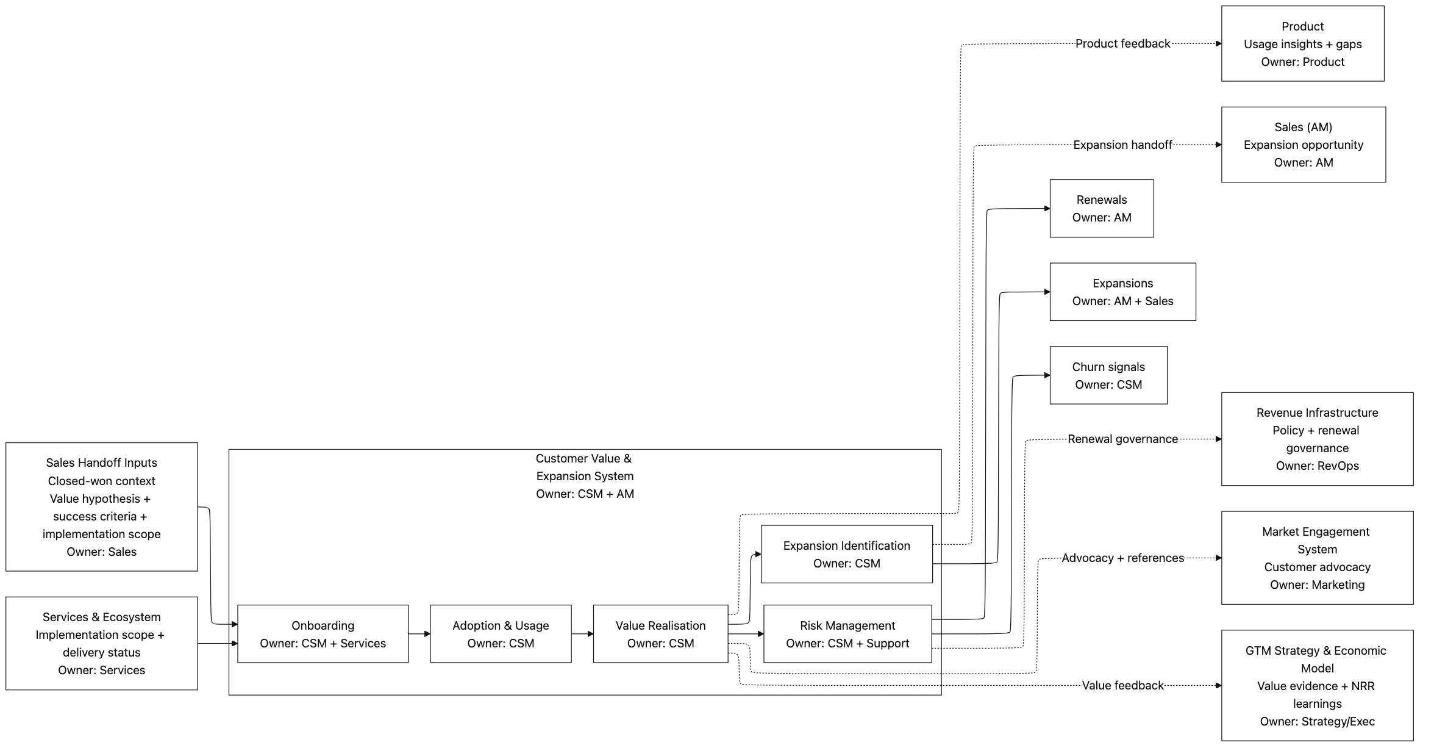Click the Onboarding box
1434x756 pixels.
(323, 633)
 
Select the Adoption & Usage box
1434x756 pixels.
(501, 633)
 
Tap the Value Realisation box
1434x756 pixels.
(660, 633)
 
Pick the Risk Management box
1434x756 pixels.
(847, 633)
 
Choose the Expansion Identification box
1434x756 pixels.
(846, 554)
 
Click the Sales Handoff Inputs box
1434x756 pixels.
(101, 506)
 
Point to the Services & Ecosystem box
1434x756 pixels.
(101, 643)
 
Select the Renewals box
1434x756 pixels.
(1101, 208)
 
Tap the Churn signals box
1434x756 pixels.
(1108, 375)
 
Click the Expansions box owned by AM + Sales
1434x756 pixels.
(1122, 292)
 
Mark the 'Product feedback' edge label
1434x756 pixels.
(1122, 43)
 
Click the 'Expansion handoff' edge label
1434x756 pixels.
(1122, 145)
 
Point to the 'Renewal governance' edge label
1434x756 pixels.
(1122, 439)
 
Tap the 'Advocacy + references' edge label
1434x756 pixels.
(1122, 558)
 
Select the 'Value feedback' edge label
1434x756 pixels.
(1122, 685)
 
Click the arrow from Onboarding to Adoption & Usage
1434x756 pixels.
(419, 634)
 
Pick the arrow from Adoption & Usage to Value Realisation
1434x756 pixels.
(582, 634)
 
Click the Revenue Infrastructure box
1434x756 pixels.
(1316, 439)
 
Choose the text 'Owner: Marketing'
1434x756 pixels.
(1316, 585)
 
